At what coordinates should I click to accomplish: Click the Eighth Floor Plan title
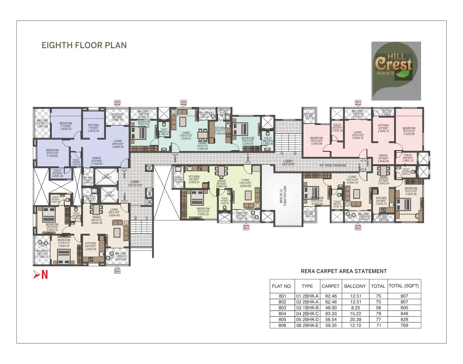tap(84, 45)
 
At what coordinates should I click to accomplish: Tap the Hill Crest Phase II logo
tap(396, 71)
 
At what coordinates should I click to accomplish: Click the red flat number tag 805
tap(117, 103)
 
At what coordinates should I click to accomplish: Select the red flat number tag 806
tap(183, 103)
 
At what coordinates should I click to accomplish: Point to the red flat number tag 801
tap(358, 102)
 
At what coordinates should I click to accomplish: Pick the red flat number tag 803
tap(246, 228)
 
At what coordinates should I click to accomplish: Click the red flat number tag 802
tap(358, 228)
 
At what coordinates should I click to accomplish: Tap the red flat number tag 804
tap(117, 271)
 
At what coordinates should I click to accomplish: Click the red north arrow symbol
tap(40, 275)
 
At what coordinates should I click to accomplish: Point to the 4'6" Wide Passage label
tap(333, 165)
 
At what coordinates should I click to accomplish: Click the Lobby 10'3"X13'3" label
tap(135, 184)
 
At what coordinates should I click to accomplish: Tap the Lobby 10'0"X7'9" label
tap(288, 163)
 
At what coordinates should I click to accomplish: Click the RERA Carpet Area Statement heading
tap(344, 271)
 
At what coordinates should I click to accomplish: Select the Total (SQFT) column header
tap(404, 286)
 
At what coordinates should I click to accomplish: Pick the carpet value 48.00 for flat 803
tap(331, 308)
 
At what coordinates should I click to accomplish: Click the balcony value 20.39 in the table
tap(355, 320)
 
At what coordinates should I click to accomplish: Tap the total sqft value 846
tap(404, 314)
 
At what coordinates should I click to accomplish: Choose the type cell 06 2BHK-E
tap(307, 325)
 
